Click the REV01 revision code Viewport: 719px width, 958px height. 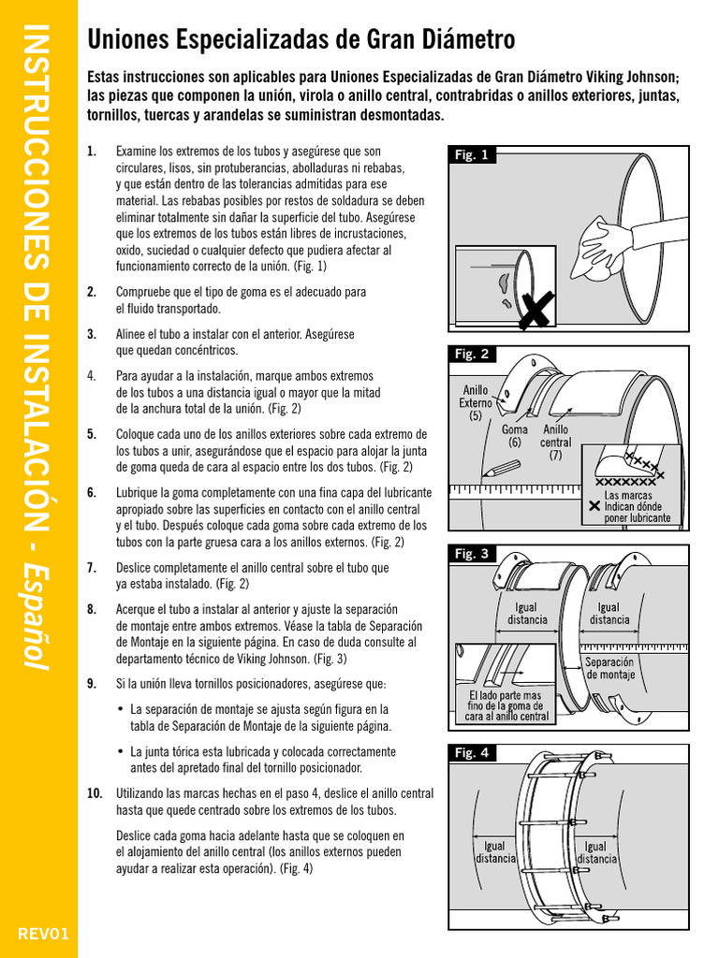[37, 934]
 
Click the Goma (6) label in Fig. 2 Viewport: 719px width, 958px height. [515, 436]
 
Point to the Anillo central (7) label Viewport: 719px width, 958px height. [556, 443]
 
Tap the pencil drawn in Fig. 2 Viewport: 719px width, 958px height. [506, 472]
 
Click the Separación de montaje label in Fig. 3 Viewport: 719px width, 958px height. [610, 668]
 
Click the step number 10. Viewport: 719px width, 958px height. [95, 793]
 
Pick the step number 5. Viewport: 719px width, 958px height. [91, 434]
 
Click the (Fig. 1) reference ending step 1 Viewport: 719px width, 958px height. [309, 267]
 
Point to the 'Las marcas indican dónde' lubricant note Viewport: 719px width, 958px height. [636, 506]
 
